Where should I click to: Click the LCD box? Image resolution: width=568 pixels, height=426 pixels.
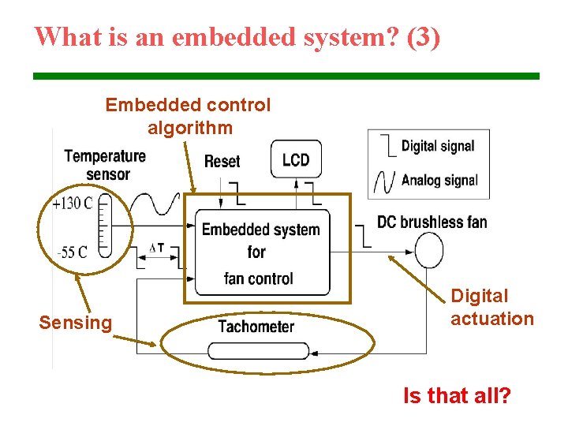tap(296, 159)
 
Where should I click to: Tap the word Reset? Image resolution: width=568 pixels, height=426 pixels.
tap(222, 161)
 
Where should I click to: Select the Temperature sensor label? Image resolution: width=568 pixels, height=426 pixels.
tap(105, 164)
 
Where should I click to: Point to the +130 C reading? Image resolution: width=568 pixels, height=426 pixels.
tap(73, 204)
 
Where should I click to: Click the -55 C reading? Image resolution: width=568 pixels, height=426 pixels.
tap(73, 252)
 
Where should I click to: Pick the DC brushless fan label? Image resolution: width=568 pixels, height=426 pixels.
tap(432, 222)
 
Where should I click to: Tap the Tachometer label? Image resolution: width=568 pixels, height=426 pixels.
tap(256, 326)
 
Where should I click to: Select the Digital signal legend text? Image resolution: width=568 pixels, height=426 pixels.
tap(438, 146)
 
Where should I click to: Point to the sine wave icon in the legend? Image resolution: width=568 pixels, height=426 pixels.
tap(384, 181)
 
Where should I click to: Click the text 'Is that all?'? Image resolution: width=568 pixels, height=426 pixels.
tap(457, 395)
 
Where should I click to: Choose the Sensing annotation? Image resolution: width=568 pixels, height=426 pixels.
tap(76, 322)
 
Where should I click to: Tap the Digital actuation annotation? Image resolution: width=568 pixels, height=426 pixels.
tap(491, 308)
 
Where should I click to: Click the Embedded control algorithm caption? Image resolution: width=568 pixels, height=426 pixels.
tap(188, 116)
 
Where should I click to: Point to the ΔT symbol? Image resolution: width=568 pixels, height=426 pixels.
tap(157, 248)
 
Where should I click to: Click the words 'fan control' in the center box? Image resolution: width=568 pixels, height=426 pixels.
tap(259, 278)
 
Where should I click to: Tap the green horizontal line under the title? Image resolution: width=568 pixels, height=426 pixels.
tap(286, 76)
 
